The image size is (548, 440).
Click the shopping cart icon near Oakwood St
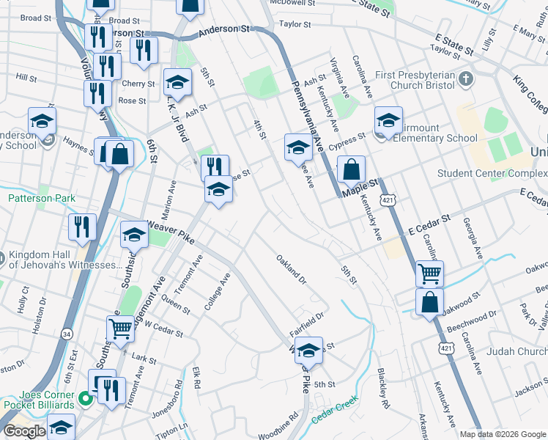point(429,274)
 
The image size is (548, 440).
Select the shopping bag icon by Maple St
point(352,169)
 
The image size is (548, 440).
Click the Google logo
point(24,431)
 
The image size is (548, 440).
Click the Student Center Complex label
point(492,174)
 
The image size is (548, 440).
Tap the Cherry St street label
point(139,84)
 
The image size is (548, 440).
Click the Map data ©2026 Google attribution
point(502,434)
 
